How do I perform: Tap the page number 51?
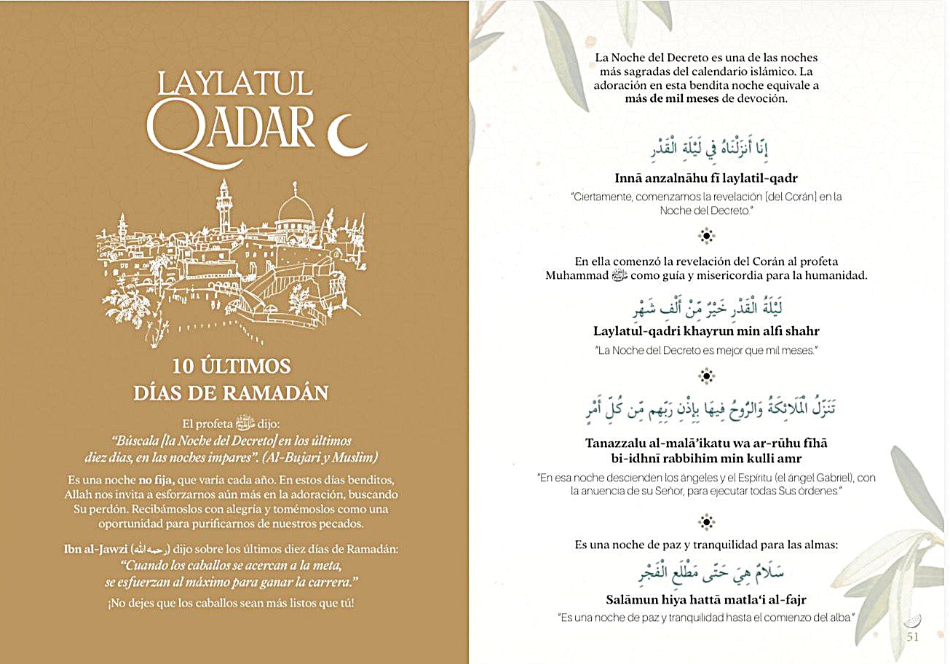tap(913, 637)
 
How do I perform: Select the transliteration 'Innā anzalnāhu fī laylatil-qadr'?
tap(706, 178)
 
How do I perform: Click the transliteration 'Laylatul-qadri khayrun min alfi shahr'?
tap(706, 331)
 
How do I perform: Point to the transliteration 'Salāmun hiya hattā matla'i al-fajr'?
tap(706, 600)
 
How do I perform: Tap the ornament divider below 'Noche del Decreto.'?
tap(705, 235)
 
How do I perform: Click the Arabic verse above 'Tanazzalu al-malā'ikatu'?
tap(706, 412)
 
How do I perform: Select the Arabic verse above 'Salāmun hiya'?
tap(706, 572)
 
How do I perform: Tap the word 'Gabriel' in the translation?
tap(826, 478)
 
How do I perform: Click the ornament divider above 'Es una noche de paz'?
tap(705, 521)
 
